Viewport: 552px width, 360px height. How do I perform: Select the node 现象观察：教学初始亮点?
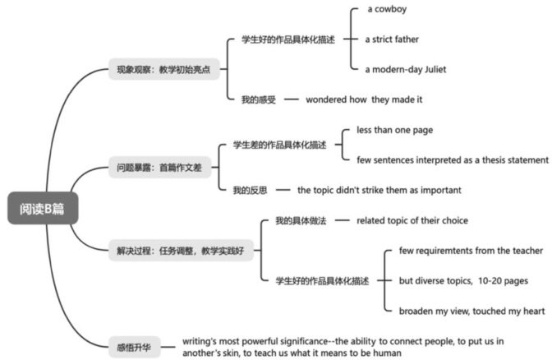pyautogui.click(x=163, y=69)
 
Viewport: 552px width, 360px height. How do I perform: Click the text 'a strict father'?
pyautogui.click(x=393, y=39)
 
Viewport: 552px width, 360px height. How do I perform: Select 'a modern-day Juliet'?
pyautogui.click(x=406, y=69)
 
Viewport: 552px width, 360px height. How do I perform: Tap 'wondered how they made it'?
pyautogui.click(x=364, y=99)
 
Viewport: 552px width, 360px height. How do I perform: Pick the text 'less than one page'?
pyautogui.click(x=394, y=130)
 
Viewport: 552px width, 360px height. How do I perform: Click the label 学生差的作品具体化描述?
pyautogui.click(x=278, y=144)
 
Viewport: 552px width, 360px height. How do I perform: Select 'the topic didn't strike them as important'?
pyautogui.click(x=379, y=190)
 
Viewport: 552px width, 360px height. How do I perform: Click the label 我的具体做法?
pyautogui.click(x=301, y=219)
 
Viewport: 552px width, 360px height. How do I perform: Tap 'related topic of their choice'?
pyautogui.click(x=412, y=219)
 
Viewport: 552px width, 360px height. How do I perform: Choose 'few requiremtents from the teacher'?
pyautogui.click(x=471, y=250)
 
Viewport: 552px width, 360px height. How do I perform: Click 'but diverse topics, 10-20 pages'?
pyautogui.click(x=462, y=280)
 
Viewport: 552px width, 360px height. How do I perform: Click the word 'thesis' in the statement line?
pyautogui.click(x=475, y=159)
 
